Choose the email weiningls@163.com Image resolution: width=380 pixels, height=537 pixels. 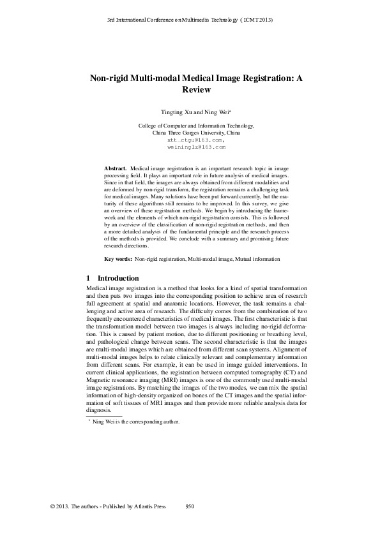click(196, 146)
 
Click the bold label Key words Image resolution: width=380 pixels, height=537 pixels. click(118, 260)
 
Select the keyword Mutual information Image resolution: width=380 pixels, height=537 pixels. click(257, 260)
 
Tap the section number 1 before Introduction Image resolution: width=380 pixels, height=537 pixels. click(88, 278)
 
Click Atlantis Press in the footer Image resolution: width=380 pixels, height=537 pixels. click(149, 505)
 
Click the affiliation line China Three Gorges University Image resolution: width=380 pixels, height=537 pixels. click(196, 133)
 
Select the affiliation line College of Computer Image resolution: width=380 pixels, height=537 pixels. click(196, 126)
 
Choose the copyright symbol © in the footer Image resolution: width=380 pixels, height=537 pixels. click(52, 505)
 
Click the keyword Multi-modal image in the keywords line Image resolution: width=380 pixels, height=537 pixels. click(210, 260)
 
